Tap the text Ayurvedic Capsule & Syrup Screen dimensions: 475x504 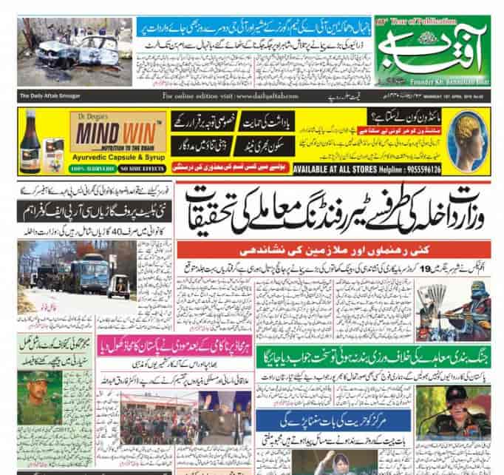[121, 158]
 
